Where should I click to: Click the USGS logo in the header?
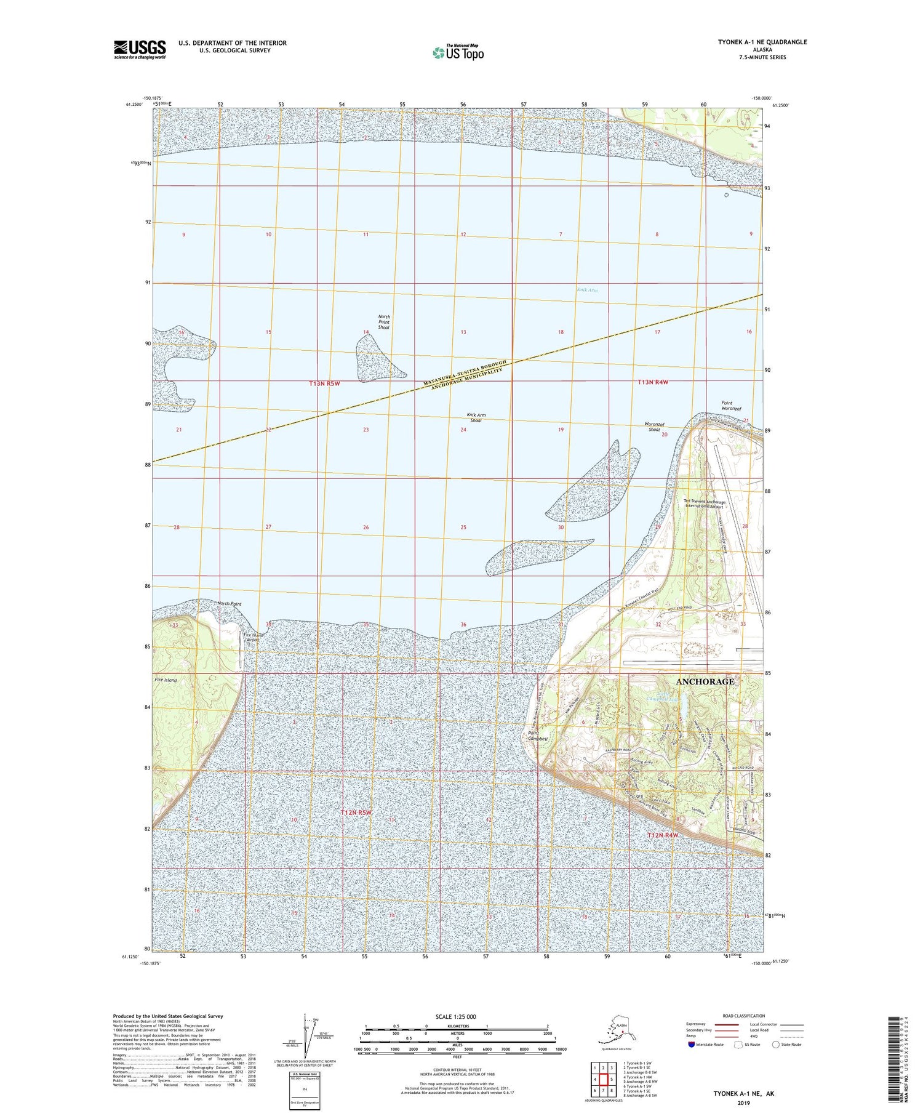tap(140, 49)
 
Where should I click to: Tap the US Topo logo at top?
tap(458, 53)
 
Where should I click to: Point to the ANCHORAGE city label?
tap(705, 682)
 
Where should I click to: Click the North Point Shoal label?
tap(384, 322)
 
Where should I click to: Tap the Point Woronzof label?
tap(731, 406)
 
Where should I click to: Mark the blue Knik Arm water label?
tap(587, 290)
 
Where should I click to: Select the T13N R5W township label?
tap(324, 383)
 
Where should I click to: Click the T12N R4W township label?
tap(663, 835)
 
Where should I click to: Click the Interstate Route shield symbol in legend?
tap(692, 1045)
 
